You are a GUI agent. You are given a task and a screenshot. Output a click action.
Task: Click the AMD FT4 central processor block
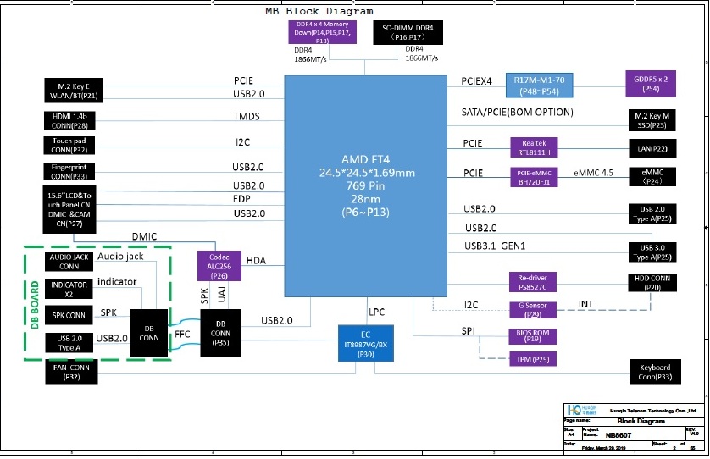(366, 185)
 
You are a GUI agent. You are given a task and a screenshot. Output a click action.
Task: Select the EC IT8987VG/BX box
(366, 343)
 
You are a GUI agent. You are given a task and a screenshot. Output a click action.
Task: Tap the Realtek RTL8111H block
(534, 147)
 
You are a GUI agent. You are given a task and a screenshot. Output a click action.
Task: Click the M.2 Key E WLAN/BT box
(73, 91)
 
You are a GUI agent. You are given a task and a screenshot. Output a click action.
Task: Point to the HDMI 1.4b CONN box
(73, 119)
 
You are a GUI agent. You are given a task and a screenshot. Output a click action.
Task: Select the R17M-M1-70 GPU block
(545, 84)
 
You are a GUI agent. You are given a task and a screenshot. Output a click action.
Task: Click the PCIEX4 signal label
(476, 81)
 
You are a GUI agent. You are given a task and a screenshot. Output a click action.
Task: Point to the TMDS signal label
(247, 116)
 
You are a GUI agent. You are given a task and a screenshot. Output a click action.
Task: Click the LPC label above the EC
(377, 310)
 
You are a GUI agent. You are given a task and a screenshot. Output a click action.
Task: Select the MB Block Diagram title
(319, 12)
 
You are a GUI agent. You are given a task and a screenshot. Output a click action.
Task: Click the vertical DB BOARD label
(35, 306)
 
